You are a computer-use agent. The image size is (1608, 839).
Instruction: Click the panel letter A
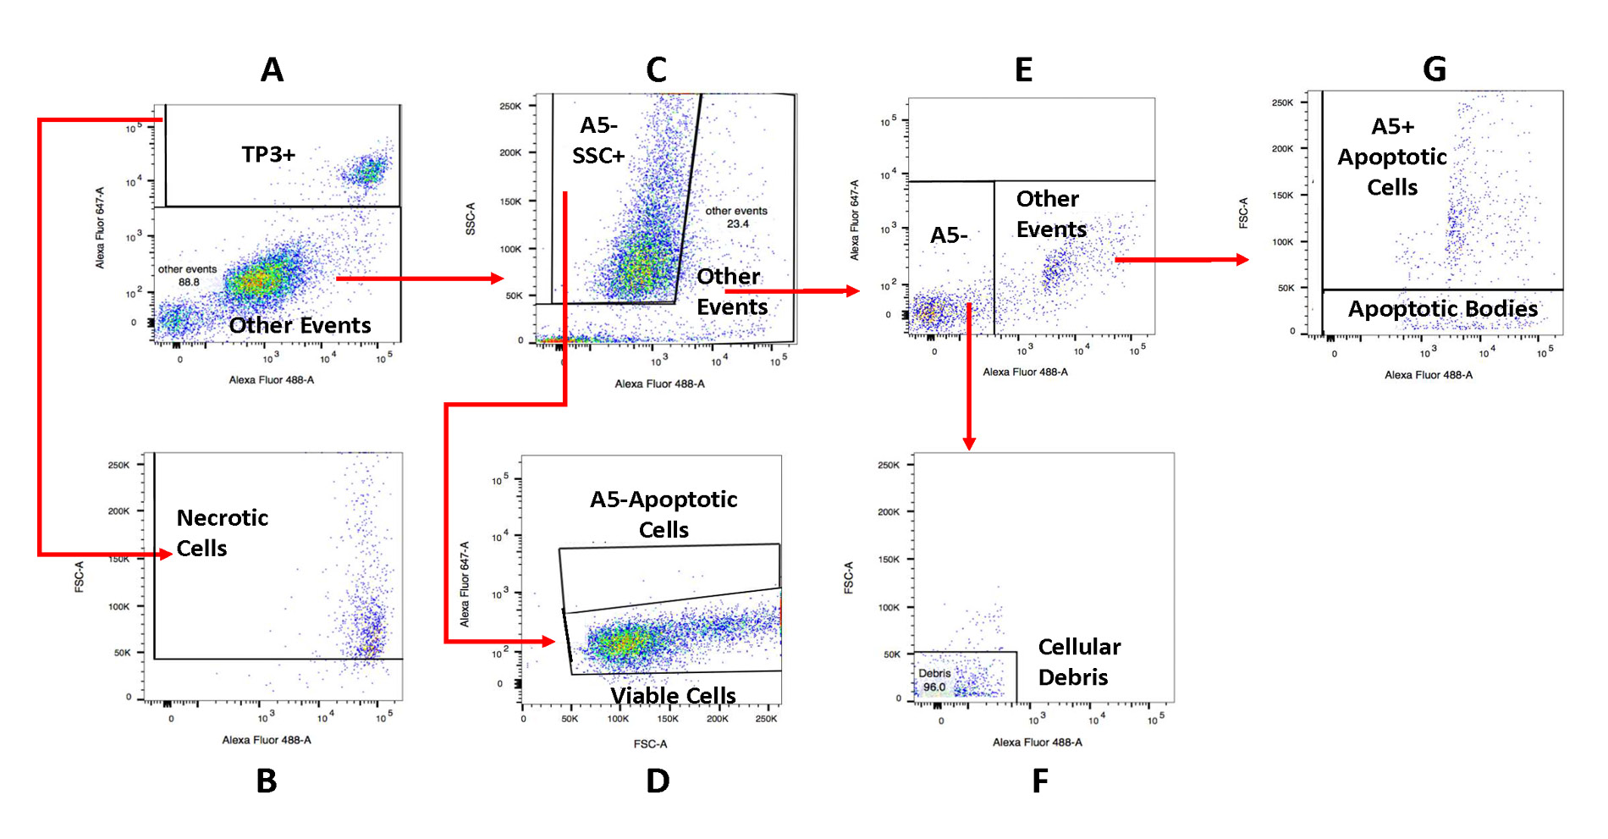[272, 69]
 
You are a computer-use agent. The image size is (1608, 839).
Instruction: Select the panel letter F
[1040, 781]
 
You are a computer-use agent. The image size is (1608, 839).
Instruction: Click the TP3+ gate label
[268, 154]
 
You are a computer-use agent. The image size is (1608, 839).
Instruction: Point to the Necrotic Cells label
[222, 533]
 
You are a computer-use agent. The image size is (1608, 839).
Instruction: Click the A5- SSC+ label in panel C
[598, 141]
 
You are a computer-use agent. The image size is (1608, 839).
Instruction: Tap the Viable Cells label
[673, 695]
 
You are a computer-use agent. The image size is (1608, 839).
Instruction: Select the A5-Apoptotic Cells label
[664, 514]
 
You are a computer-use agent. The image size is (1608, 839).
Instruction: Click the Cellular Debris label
[1079, 661]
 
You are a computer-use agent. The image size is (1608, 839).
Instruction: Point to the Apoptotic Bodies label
[1442, 309]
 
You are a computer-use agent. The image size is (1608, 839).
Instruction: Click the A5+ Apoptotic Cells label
[1392, 157]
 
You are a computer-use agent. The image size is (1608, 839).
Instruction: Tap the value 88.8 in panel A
[189, 283]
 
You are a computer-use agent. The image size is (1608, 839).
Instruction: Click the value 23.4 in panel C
[737, 224]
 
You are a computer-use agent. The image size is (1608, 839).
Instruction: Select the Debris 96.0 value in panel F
[934, 687]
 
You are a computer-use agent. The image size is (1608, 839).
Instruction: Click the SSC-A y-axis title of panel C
[471, 218]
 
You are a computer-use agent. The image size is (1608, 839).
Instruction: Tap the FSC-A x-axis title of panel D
[650, 744]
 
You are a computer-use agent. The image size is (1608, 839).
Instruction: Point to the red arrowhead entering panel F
[969, 444]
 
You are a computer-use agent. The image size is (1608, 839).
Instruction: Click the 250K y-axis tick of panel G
[1282, 102]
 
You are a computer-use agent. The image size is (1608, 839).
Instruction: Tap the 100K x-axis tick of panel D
[618, 719]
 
